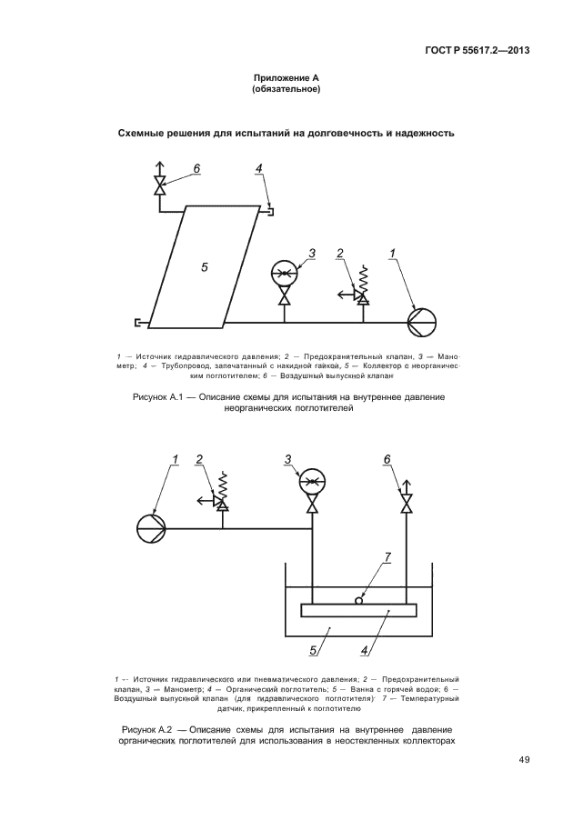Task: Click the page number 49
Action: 524,760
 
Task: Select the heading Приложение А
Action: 286,79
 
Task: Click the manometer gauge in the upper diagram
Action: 285,274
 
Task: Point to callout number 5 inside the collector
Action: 205,266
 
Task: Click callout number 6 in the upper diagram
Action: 196,169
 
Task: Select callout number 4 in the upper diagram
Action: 258,169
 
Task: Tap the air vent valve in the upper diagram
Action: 161,188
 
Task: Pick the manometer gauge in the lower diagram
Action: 313,482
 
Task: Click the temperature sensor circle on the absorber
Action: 359,599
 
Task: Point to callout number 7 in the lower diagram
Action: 387,557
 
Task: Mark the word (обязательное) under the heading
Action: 286,90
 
